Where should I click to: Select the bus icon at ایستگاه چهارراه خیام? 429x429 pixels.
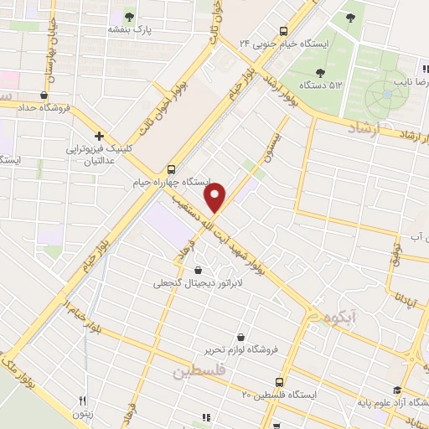(171, 168)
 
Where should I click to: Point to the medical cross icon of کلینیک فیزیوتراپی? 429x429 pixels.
(99, 136)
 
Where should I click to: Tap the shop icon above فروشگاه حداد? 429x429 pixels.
(43, 95)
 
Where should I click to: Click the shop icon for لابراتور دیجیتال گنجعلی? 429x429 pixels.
(198, 270)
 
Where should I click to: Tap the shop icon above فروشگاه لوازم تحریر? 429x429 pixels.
(240, 336)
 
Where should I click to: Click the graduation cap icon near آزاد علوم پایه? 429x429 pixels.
(396, 390)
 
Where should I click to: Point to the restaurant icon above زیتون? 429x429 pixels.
(82, 401)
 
